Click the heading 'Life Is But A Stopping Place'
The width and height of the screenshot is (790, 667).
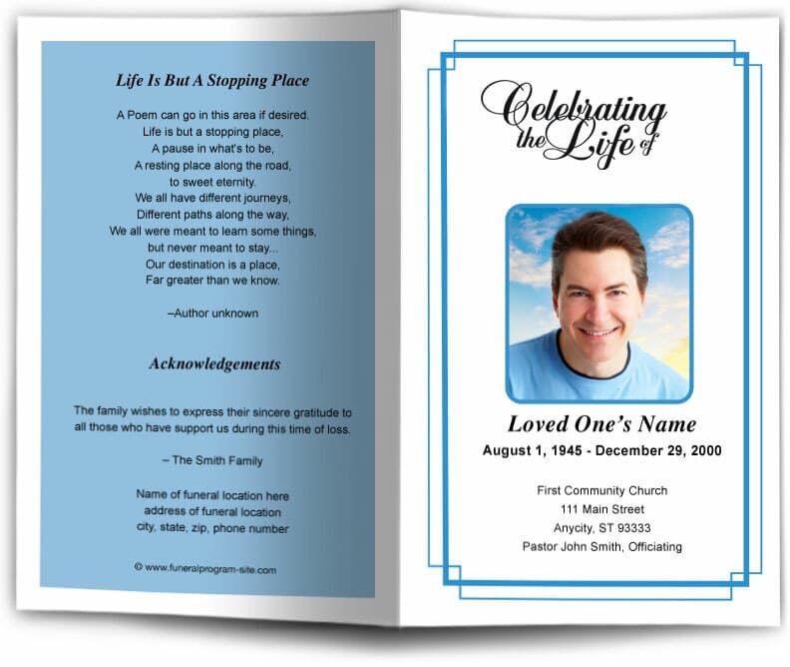[213, 81]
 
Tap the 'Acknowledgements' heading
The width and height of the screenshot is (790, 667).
[214, 364]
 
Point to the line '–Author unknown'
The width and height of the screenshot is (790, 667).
[213, 314]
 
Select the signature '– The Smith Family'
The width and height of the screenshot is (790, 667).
[213, 460]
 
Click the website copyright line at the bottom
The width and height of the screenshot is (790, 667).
[205, 569]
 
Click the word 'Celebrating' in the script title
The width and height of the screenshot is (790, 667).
[579, 107]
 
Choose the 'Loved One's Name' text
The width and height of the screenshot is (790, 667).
[601, 423]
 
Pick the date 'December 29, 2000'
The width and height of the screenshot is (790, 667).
[660, 451]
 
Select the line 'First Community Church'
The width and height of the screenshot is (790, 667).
[601, 490]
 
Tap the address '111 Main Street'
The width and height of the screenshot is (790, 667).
[601, 509]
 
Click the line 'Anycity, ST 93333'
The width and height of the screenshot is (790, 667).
[601, 528]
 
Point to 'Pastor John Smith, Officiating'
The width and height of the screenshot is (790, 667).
[601, 546]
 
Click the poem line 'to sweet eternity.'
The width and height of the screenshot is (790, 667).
[212, 182]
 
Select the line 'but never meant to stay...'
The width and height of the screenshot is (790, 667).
[213, 247]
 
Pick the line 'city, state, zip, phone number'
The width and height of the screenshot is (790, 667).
[213, 528]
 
